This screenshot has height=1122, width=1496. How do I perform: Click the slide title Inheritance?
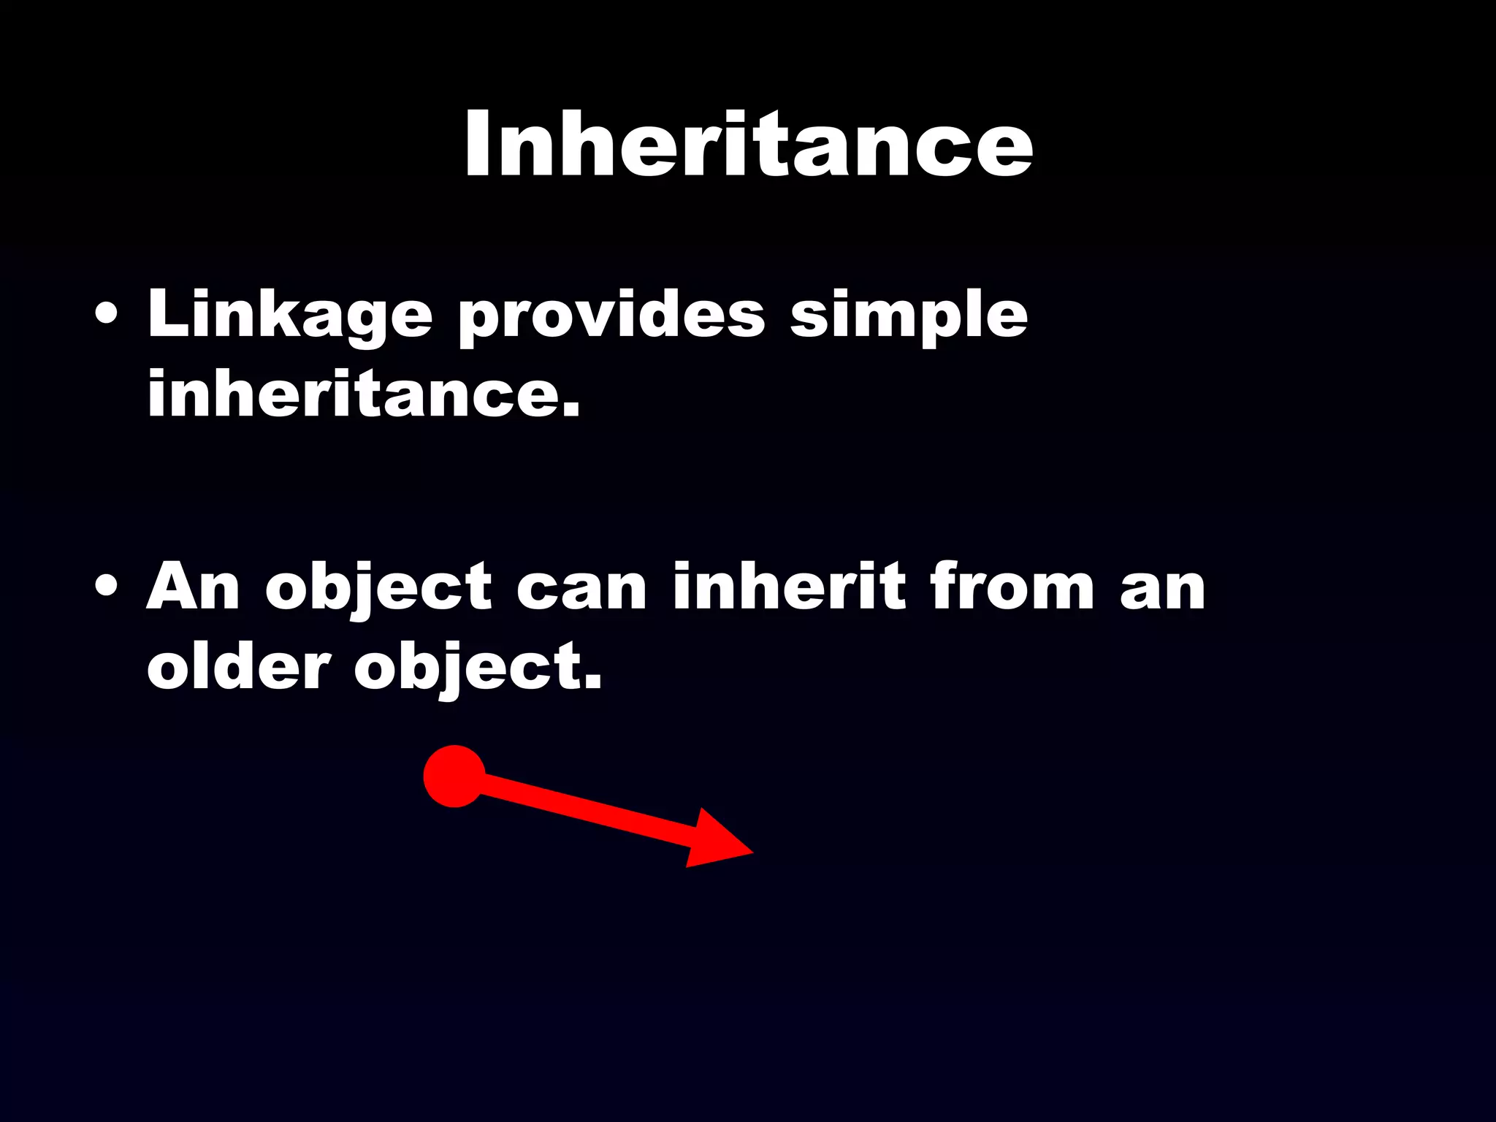coord(748,144)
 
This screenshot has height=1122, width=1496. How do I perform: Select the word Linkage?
coord(290,316)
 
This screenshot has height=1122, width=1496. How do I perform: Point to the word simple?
coord(909,316)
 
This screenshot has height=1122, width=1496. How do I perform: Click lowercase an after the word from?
coord(1163,590)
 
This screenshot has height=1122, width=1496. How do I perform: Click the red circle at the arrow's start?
coord(454,776)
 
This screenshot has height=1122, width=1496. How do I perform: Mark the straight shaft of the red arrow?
coord(584,810)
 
